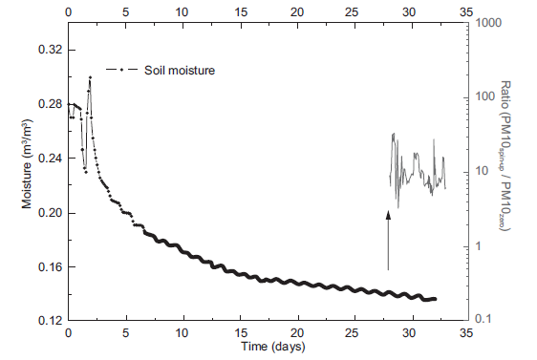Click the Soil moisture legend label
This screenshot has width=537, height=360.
(x=180, y=70)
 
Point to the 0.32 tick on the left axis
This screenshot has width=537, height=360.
(x=47, y=49)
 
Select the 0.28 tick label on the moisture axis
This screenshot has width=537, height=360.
(x=47, y=103)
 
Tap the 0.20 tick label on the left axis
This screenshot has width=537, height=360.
(x=47, y=213)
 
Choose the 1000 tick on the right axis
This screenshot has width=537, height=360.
(x=490, y=22)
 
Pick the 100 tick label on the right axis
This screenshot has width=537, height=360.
(x=487, y=96)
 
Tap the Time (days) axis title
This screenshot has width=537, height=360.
(x=268, y=347)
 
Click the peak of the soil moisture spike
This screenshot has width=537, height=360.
(x=90, y=76)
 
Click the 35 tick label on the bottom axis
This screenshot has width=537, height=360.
(x=467, y=334)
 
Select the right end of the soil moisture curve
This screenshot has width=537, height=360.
(x=435, y=299)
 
